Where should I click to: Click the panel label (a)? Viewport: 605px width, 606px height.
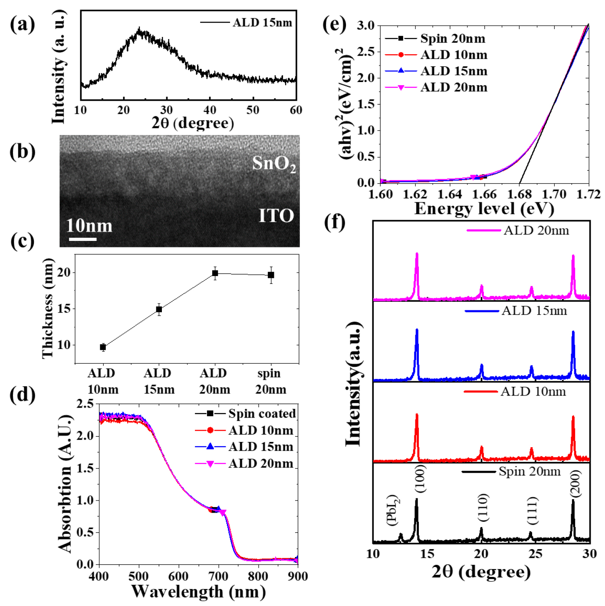click(23, 24)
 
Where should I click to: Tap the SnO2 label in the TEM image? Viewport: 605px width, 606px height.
click(274, 164)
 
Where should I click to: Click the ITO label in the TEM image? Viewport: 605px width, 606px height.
click(276, 216)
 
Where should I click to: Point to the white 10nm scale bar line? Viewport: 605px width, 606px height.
click(82, 239)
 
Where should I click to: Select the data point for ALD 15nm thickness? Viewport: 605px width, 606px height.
click(159, 310)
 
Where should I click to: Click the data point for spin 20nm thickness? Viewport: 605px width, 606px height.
click(271, 275)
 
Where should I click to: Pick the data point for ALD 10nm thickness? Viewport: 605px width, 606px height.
click(103, 347)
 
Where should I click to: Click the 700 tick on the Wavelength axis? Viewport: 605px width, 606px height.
click(218, 576)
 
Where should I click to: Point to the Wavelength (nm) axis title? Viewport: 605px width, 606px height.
click(198, 592)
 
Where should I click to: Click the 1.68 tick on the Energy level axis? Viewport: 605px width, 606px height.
click(520, 194)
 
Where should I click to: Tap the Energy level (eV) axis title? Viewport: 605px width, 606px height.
click(484, 209)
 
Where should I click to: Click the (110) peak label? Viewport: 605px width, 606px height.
click(483, 507)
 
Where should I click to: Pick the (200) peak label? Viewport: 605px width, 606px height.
click(575, 483)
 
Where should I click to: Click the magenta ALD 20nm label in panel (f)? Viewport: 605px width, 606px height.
click(536, 231)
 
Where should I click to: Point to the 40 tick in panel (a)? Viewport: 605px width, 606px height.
click(210, 110)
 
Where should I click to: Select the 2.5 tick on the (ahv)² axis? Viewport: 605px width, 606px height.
click(365, 52)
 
